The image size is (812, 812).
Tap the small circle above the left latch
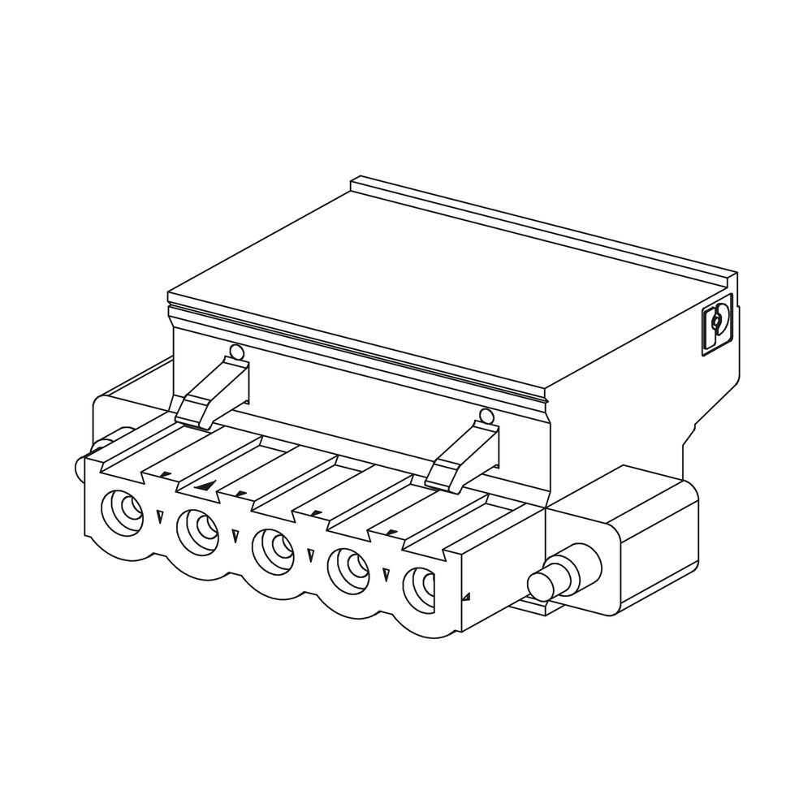point(236,352)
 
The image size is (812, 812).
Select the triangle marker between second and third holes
point(235,535)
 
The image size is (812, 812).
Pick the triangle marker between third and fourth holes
point(310,555)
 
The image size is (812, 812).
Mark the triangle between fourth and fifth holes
point(386,575)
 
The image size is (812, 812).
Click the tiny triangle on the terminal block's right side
point(466,598)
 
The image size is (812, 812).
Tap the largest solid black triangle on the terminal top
point(206,486)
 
